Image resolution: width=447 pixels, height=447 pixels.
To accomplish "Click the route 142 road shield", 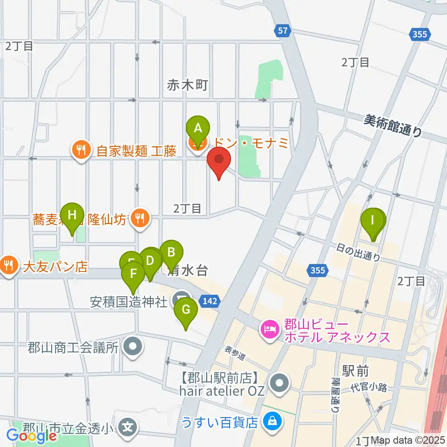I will pyautogui.click(x=210, y=302).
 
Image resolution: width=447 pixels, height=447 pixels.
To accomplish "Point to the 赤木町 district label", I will pyautogui.click(x=187, y=85).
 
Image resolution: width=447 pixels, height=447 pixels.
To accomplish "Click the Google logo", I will pyautogui.click(x=31, y=436).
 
